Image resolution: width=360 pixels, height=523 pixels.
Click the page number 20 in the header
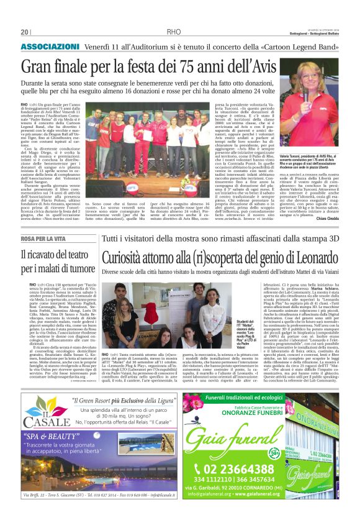point(25,32)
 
